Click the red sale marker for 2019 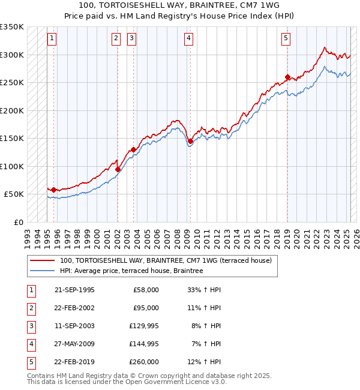[x=287, y=77]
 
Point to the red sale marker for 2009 [x=190, y=142]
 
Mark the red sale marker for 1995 [x=53, y=190]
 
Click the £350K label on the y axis [x=11, y=27]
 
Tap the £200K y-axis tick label [x=11, y=111]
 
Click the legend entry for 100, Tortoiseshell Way [x=166, y=260]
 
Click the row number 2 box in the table [x=31, y=308]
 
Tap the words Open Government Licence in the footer [x=176, y=382]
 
